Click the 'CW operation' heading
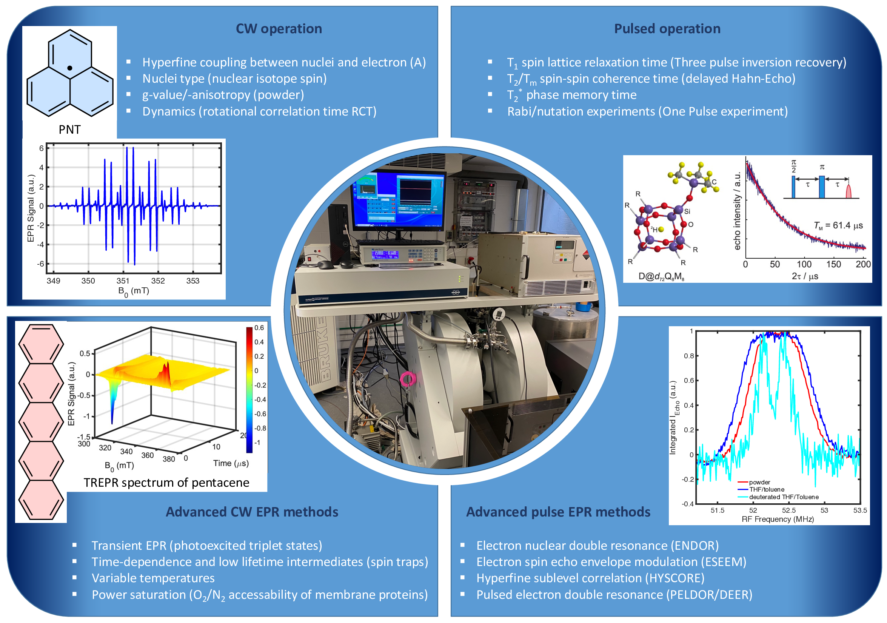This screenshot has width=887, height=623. (x=279, y=29)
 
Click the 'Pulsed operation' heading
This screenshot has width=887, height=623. (x=667, y=29)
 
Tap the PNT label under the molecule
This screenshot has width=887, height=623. (x=69, y=130)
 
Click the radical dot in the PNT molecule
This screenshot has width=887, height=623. (x=69, y=68)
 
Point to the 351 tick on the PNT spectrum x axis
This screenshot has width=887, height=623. (x=123, y=281)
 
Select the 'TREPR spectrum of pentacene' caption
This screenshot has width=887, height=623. (x=166, y=483)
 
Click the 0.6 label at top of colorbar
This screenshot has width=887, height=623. (x=259, y=328)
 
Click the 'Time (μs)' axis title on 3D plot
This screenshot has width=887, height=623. (x=231, y=463)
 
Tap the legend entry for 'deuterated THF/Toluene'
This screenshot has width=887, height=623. (x=784, y=497)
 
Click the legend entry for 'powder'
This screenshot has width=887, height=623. (x=759, y=482)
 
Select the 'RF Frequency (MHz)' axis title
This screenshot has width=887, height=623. (x=777, y=519)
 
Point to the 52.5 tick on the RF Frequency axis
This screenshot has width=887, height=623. (x=788, y=510)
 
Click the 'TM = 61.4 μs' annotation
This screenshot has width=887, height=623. (x=838, y=225)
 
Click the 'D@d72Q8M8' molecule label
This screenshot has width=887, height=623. (x=661, y=277)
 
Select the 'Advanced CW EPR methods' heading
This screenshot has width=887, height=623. (x=252, y=512)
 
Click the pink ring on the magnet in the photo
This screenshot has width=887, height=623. (x=407, y=379)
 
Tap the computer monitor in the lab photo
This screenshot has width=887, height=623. (x=398, y=201)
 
